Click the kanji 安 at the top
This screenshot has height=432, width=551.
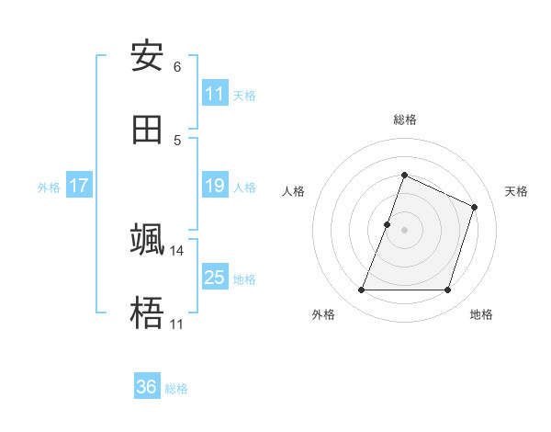tap(147, 57)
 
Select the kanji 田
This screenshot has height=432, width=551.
tap(147, 130)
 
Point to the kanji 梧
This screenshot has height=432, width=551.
tap(147, 313)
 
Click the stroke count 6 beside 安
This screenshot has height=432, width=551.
tap(177, 67)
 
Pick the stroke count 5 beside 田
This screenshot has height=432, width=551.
tap(177, 140)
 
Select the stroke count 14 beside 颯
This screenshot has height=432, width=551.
tap(177, 250)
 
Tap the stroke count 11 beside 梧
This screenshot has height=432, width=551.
tap(177, 324)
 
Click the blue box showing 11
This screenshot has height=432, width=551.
tap(215, 94)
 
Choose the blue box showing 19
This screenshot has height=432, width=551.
tap(215, 186)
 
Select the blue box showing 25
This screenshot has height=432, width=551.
tap(215, 278)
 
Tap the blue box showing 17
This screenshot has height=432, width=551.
tap(79, 186)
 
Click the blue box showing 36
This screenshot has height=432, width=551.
tap(147, 387)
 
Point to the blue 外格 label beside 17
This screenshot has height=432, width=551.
tap(49, 187)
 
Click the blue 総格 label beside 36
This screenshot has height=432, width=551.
tap(176, 388)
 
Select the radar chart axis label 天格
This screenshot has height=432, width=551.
tap(516, 191)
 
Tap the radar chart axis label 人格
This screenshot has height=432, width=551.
tap(293, 191)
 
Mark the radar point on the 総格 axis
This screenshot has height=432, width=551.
tap(404, 175)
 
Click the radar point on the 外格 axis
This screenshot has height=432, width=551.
tap(361, 290)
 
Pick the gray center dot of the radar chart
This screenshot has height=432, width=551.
tap(404, 230)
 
